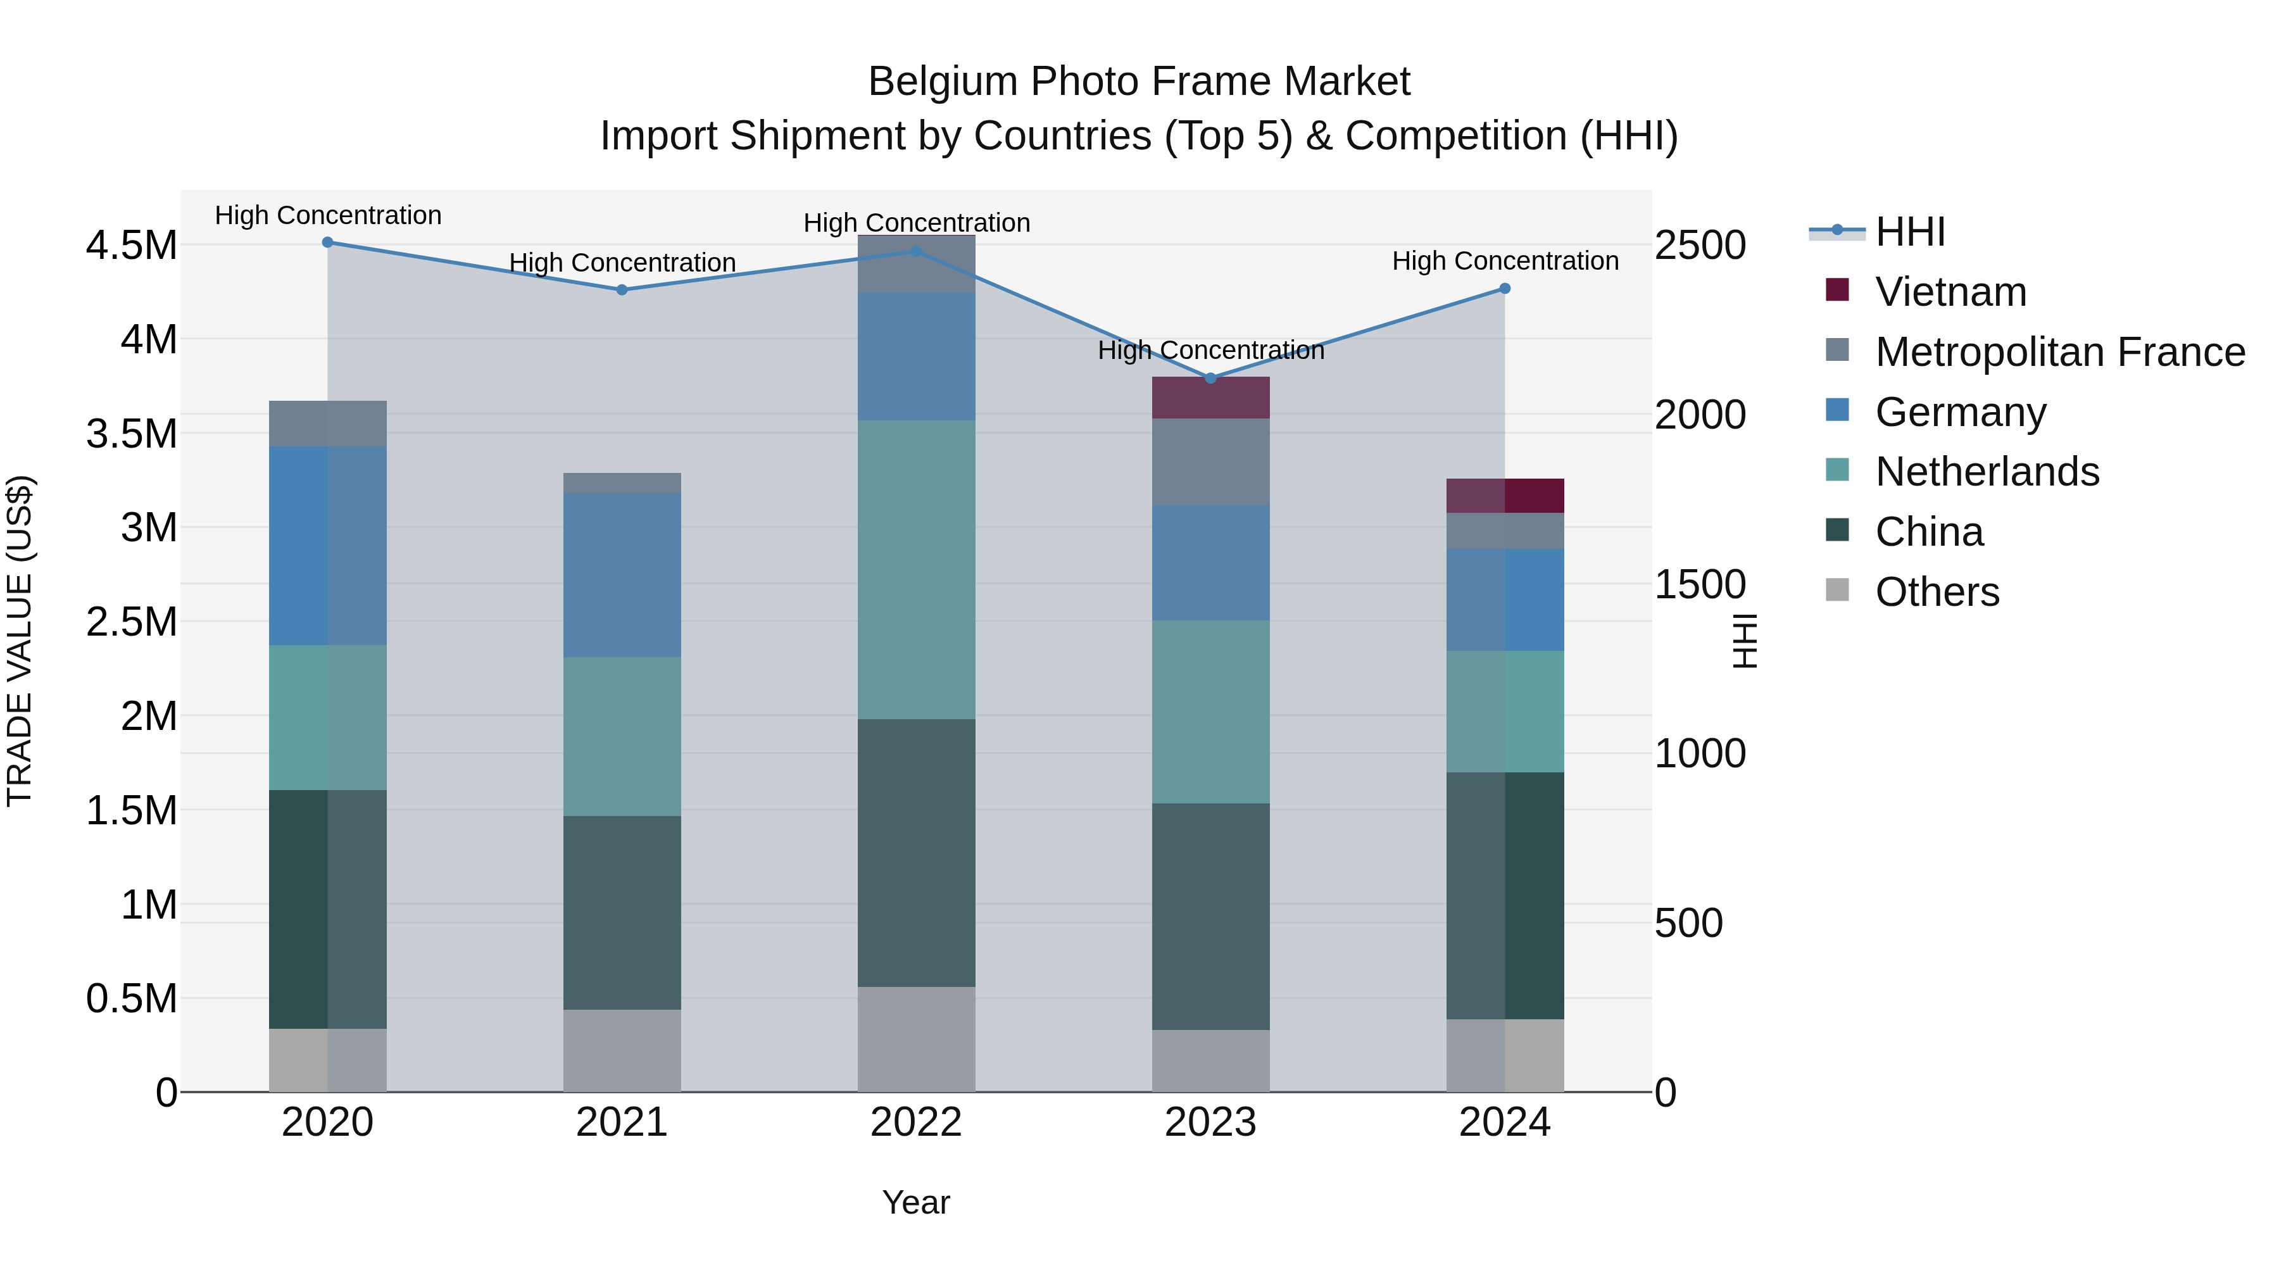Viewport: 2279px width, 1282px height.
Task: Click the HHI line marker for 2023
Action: pyautogui.click(x=1210, y=379)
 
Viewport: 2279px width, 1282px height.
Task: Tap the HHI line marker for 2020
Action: pyautogui.click(x=327, y=242)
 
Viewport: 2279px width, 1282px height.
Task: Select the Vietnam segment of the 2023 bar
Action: pyautogui.click(x=1210, y=398)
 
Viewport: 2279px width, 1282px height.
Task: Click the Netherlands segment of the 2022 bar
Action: pyautogui.click(x=917, y=570)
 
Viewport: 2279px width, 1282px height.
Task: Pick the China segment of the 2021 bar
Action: pyautogui.click(x=622, y=912)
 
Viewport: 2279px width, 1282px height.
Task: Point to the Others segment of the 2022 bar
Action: pyautogui.click(x=917, y=1040)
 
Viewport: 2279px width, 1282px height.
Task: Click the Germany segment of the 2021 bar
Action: pyautogui.click(x=622, y=575)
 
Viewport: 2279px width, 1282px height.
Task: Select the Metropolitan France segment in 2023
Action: pyautogui.click(x=1210, y=462)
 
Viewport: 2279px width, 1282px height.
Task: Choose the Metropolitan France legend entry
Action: pyautogui.click(x=2059, y=352)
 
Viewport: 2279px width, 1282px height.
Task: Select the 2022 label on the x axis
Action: pyautogui.click(x=917, y=1122)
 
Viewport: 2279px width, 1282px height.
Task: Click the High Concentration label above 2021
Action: pyautogui.click(x=622, y=263)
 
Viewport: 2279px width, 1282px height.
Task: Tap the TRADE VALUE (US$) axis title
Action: pyautogui.click(x=20, y=641)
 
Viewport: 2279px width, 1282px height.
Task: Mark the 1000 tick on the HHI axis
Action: pyautogui.click(x=1700, y=754)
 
